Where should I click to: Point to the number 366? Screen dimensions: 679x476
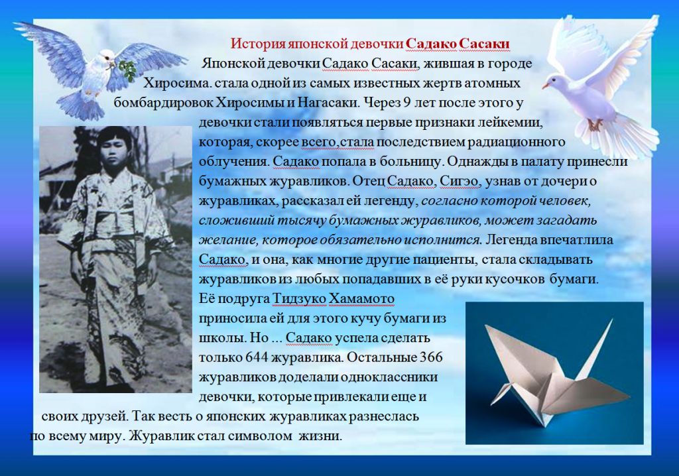pos(431,357)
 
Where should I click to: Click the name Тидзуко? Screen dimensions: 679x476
pos(299,299)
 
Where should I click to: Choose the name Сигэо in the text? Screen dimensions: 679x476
pos(460,181)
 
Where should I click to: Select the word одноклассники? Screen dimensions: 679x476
pos(389,377)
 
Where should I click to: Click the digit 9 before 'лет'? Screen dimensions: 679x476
pos(406,103)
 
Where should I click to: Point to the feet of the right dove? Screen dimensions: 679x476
pos(595,125)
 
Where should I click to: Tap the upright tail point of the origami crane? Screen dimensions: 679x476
pos(611,322)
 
